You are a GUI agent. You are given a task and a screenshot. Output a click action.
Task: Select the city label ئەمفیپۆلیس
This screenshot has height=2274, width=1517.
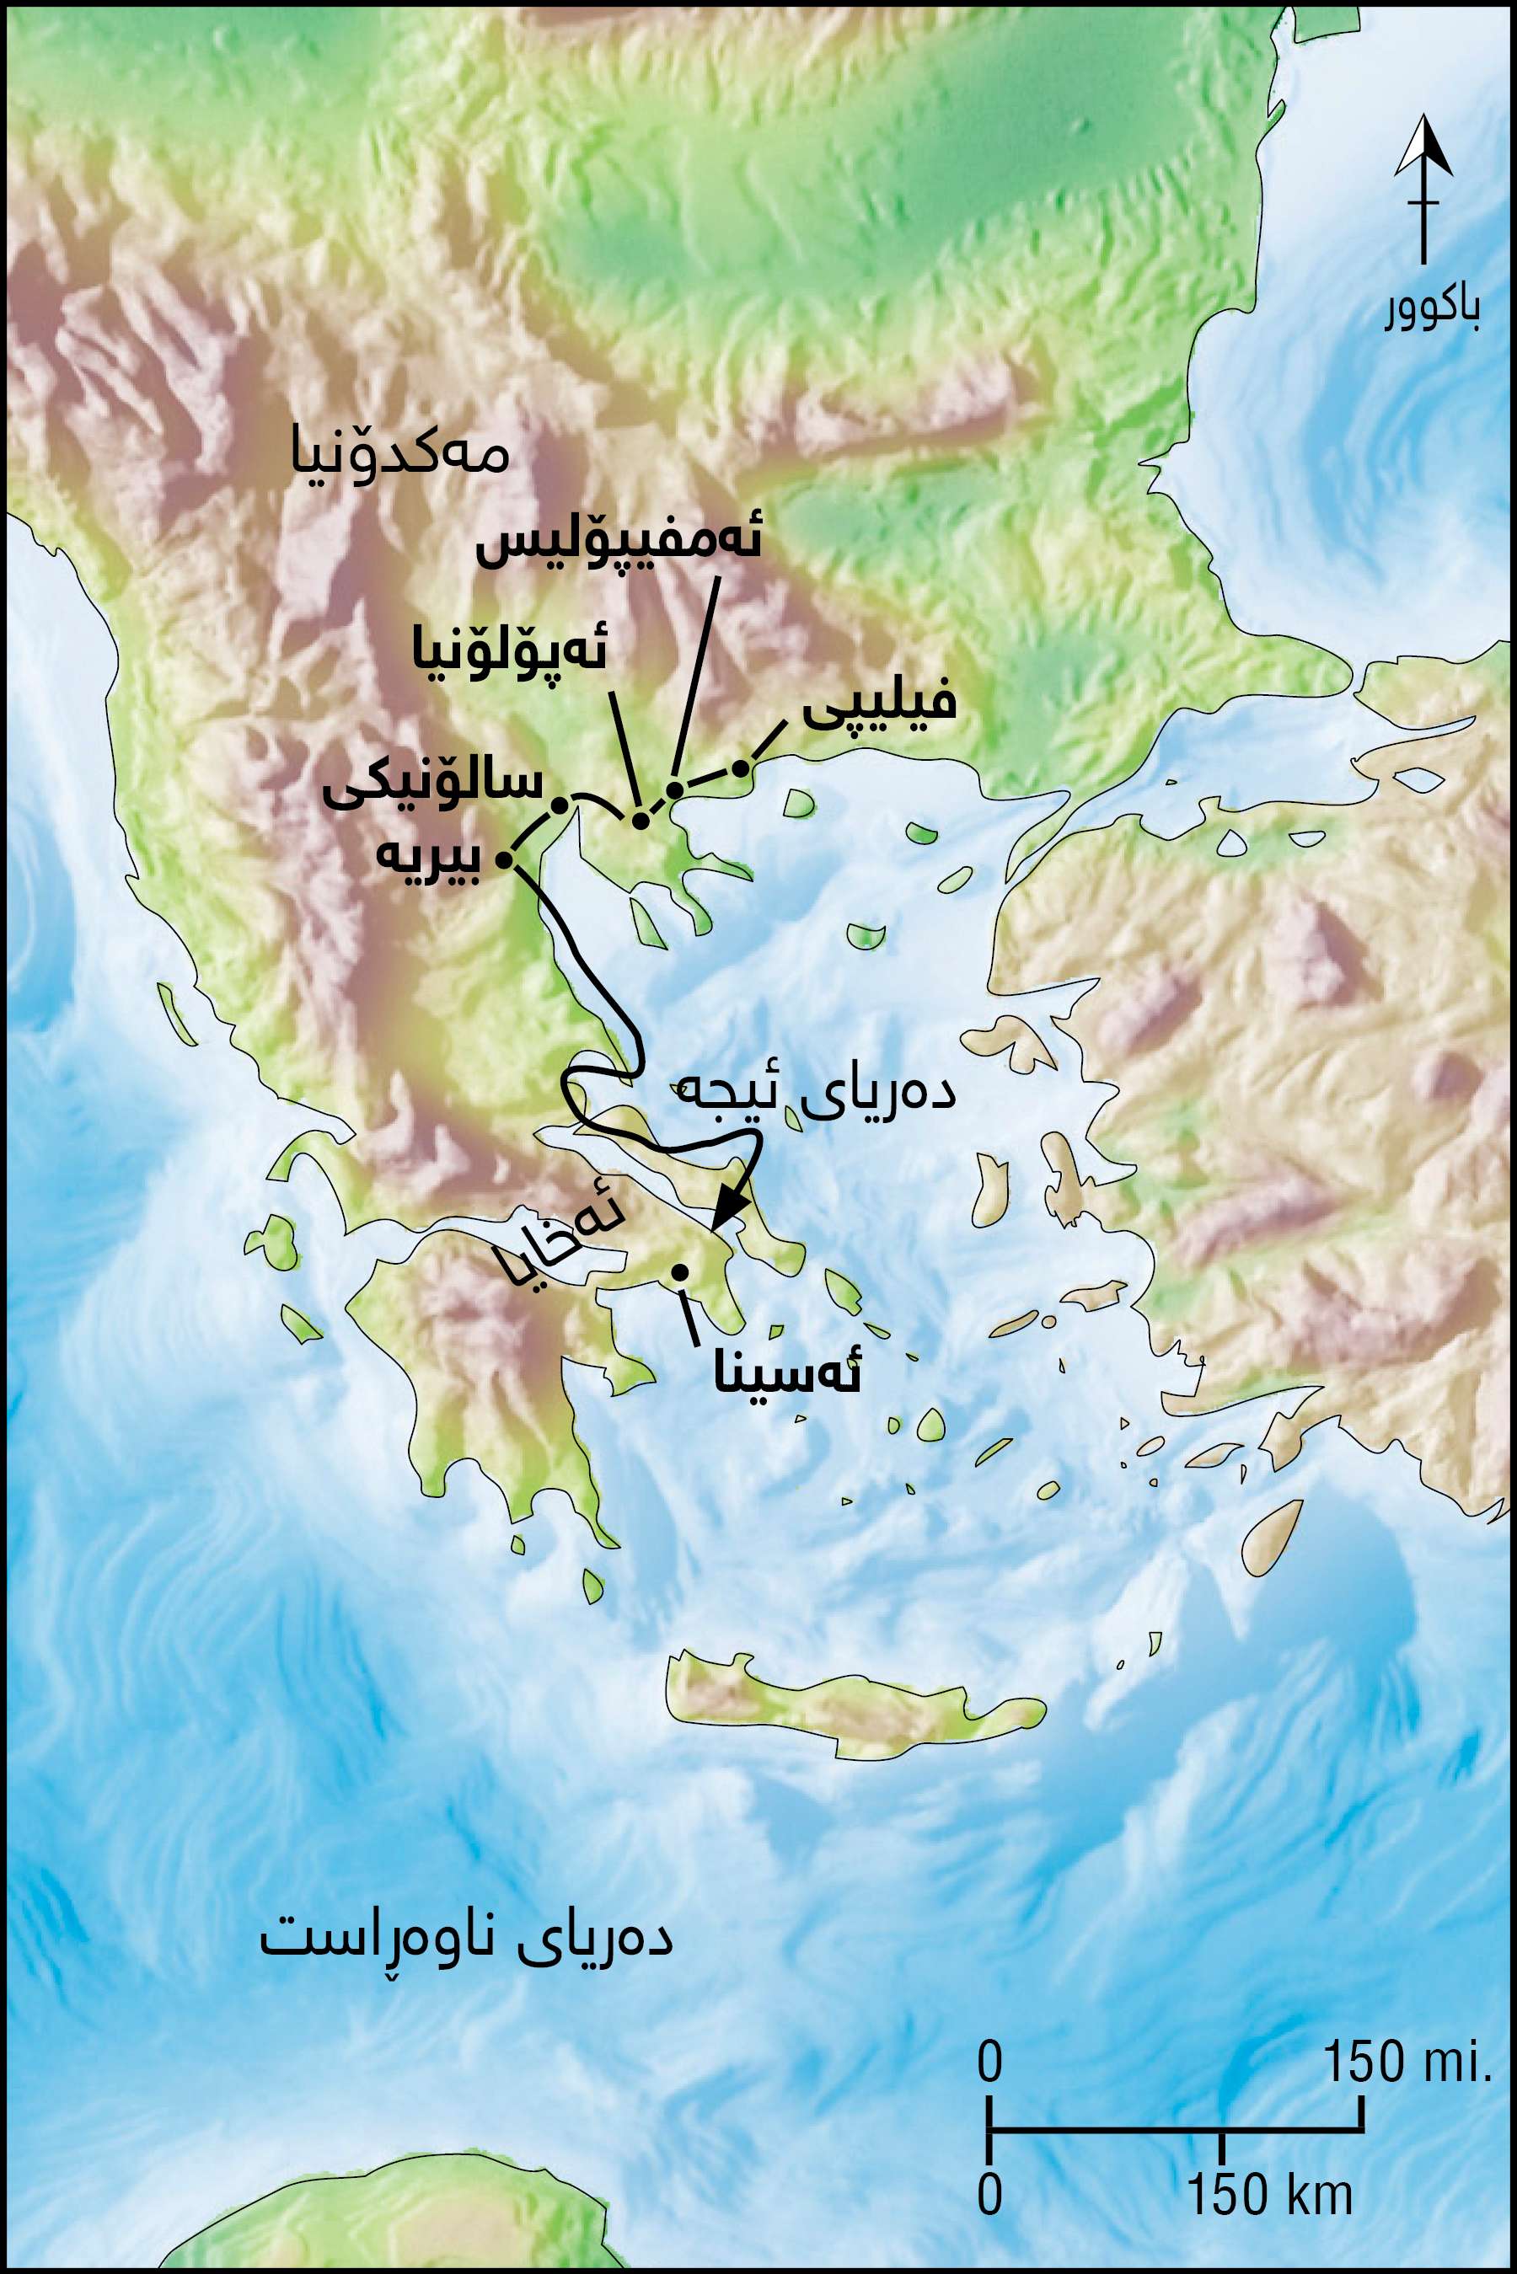pyautogui.click(x=619, y=544)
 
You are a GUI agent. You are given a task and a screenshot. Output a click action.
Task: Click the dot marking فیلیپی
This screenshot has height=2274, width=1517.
pyautogui.click(x=740, y=769)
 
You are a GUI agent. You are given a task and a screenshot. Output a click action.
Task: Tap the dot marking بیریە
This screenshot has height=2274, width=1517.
pyautogui.click(x=503, y=859)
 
